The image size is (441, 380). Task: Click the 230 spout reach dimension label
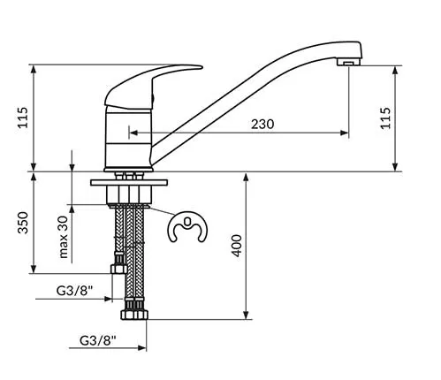(262, 124)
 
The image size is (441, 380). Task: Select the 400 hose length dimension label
(237, 246)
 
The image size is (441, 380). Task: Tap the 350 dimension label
(23, 223)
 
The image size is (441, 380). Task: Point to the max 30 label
(64, 237)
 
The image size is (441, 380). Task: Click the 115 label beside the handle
(23, 118)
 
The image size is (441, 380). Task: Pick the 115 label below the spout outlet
(385, 118)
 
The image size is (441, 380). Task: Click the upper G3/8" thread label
(74, 291)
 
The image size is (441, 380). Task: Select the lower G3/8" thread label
(98, 341)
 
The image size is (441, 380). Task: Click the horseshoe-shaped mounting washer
(187, 227)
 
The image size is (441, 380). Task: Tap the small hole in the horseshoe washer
(187, 220)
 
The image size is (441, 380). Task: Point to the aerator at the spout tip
(349, 62)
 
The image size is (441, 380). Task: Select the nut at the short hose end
(118, 269)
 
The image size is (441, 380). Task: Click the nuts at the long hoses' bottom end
(134, 315)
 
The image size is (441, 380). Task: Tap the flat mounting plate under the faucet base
(129, 183)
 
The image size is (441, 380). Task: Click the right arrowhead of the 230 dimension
(345, 133)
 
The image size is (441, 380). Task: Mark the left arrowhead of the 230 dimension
(133, 133)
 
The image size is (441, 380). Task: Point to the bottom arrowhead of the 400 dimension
(247, 315)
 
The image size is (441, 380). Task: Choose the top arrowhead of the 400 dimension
(247, 178)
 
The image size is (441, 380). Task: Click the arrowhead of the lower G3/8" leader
(142, 348)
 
